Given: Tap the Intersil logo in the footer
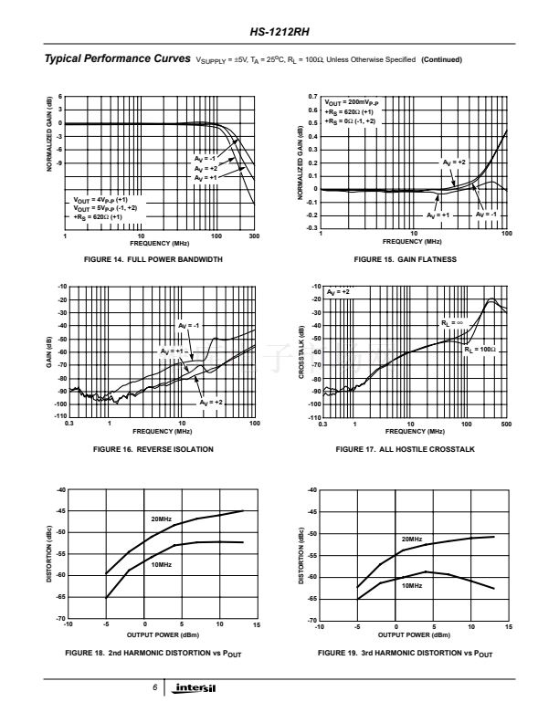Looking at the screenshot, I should point(197,687).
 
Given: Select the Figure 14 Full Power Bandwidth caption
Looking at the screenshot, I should point(153,259).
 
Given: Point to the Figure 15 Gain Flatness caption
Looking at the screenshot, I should point(405,259).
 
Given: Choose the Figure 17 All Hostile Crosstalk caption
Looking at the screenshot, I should point(405,449).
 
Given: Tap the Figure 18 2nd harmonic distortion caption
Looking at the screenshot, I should point(153,654).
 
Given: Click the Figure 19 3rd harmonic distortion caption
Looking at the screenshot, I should point(405,654).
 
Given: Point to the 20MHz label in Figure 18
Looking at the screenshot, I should point(161,519).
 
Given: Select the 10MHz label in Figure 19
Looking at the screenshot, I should point(412,584).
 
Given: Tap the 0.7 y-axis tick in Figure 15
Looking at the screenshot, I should point(313,97).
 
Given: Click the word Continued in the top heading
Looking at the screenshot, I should point(442,60).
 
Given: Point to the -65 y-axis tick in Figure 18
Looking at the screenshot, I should point(61,597).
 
